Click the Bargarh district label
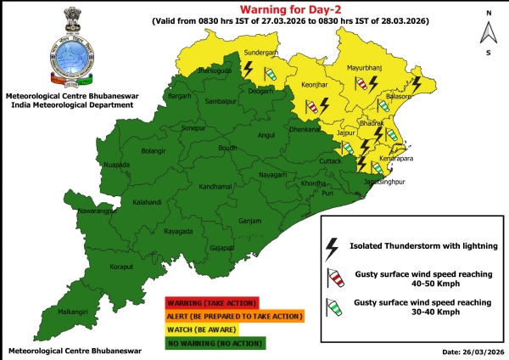[180, 97]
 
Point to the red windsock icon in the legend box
[334, 278]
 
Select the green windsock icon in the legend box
[334, 307]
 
